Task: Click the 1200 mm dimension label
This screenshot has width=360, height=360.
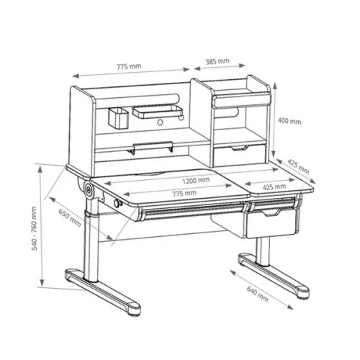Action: [195, 181]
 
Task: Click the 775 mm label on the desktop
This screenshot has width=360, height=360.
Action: [184, 193]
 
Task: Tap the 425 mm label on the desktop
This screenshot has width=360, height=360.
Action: [271, 187]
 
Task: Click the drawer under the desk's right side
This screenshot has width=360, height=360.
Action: [272, 222]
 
